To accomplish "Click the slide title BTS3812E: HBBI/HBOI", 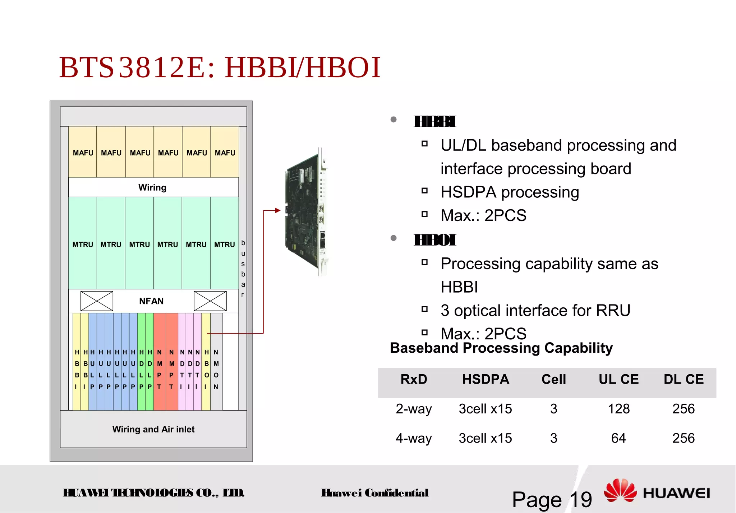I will (x=220, y=68).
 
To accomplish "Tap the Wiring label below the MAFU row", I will (x=152, y=187).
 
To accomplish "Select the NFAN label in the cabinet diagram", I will (x=151, y=301).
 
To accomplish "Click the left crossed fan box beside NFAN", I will (x=97, y=301).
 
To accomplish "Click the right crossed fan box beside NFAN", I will (x=210, y=301).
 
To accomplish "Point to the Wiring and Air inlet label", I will (x=153, y=429).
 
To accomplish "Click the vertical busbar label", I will (x=243, y=269).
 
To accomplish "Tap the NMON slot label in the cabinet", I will (x=216, y=369).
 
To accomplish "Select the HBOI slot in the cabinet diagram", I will (x=206, y=369).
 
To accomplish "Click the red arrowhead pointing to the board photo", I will (x=277, y=210).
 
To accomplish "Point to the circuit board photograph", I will (x=306, y=212).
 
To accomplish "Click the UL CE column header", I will (x=618, y=379).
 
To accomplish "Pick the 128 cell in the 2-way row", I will (x=618, y=409).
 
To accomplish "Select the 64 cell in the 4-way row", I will (x=618, y=438).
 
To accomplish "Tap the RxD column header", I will (x=414, y=379).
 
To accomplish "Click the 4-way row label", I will (x=414, y=438).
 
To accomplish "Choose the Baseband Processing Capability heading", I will (x=501, y=348).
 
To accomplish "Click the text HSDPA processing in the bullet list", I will (x=510, y=192).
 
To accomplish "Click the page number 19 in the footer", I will (x=581, y=499).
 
